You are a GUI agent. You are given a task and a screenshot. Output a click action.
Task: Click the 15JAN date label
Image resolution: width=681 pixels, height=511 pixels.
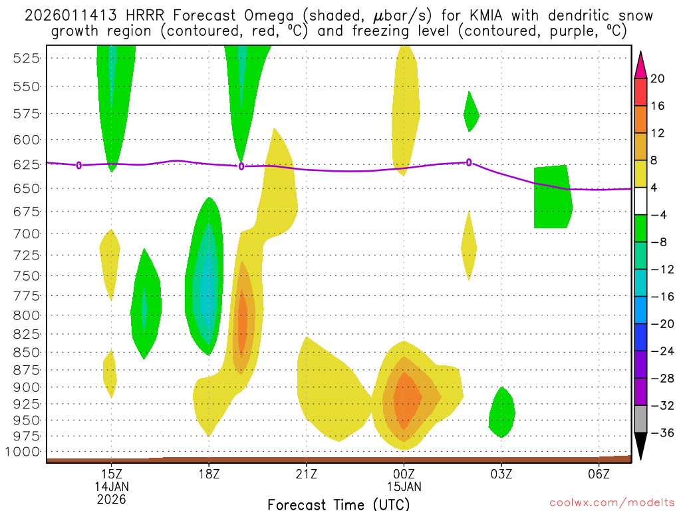tap(404, 486)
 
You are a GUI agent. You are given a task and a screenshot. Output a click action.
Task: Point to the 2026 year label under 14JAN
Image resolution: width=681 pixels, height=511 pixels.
tap(112, 499)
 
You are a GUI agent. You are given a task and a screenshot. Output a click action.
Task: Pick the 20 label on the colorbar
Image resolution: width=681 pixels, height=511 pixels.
tap(658, 79)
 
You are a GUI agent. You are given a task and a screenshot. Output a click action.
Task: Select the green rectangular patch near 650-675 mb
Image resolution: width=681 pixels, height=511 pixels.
tap(552, 197)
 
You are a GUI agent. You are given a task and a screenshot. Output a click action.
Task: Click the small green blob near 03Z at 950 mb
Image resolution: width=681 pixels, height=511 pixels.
tap(502, 413)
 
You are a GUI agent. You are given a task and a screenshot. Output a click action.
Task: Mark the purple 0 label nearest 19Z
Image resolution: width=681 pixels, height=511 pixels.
tap(241, 166)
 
